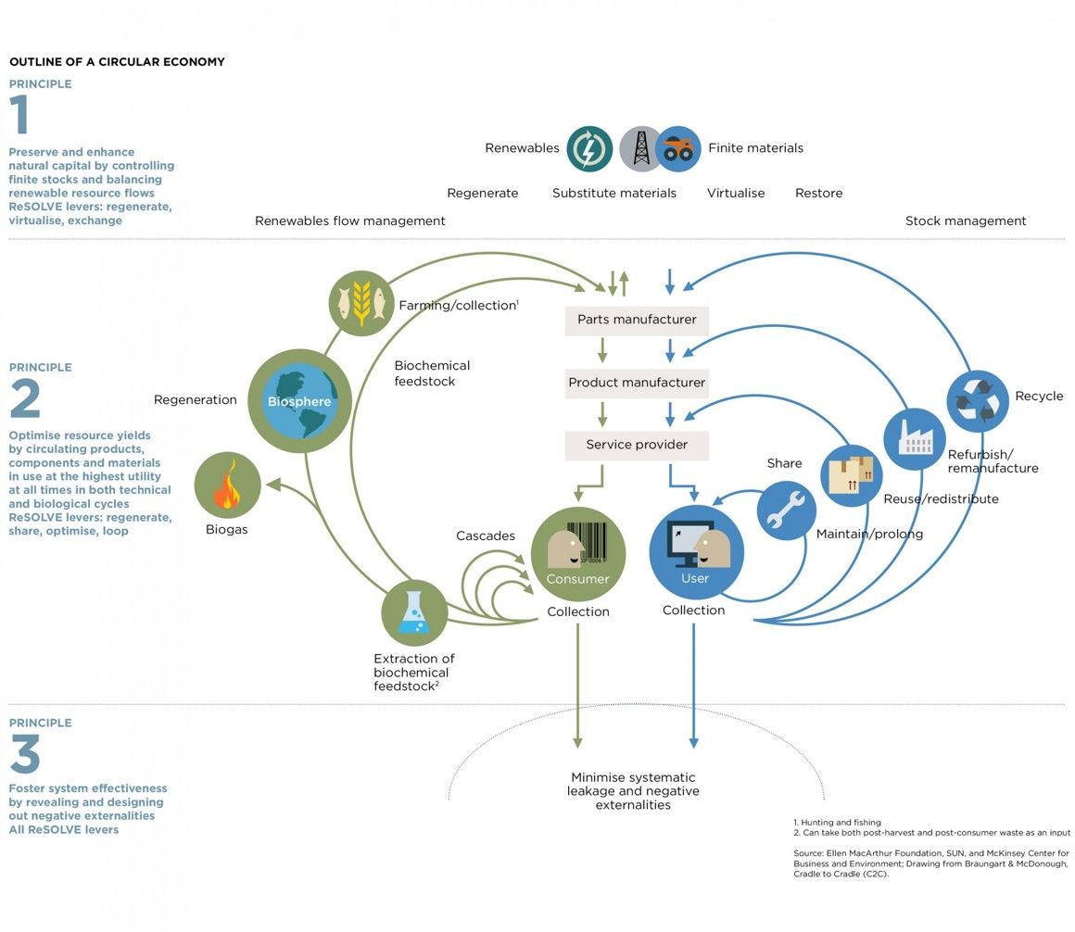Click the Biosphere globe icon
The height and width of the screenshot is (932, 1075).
[x=299, y=401]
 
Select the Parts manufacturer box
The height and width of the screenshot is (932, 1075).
[x=637, y=320]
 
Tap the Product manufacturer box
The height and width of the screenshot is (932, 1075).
[x=637, y=383]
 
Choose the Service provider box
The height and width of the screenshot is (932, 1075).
[x=637, y=445]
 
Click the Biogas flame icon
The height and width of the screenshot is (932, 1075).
[x=227, y=485]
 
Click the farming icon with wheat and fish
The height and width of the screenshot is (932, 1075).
[x=361, y=302]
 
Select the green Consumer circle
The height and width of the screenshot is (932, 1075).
[x=578, y=554]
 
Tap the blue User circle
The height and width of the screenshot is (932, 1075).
[x=696, y=554]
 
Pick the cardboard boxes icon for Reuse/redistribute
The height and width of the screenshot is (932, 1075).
[x=851, y=475]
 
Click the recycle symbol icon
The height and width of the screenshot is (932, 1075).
[x=977, y=400]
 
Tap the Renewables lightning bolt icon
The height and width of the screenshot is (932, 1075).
[x=589, y=149]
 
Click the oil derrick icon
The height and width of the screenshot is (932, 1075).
[x=640, y=149]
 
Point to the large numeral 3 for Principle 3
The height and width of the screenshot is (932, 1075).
[x=25, y=754]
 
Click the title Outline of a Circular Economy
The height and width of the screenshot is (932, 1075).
[x=117, y=62]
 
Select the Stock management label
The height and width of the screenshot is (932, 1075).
[x=966, y=221]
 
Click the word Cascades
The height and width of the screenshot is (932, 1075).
[x=486, y=536]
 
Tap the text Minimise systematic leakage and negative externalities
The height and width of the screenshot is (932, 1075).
[x=633, y=791]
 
